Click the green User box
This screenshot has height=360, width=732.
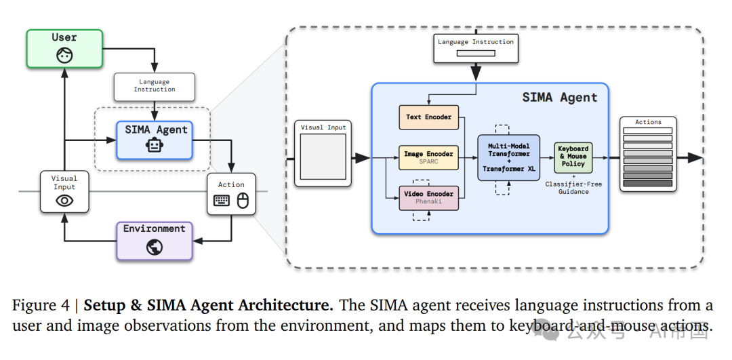(x=64, y=48)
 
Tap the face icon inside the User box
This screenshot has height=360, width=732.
(x=64, y=56)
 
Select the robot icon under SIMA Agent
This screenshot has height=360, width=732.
(x=155, y=144)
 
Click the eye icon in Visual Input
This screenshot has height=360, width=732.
(x=64, y=200)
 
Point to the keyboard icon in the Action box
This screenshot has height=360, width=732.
(x=222, y=200)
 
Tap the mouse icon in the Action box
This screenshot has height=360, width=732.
(x=242, y=200)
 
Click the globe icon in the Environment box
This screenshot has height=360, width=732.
(x=155, y=247)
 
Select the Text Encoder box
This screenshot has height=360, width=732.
(x=428, y=117)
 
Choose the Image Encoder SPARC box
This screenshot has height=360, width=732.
(x=428, y=158)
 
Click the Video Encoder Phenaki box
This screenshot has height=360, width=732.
(x=428, y=197)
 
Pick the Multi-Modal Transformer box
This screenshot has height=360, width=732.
(x=508, y=157)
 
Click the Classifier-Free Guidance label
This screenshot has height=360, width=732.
(x=573, y=188)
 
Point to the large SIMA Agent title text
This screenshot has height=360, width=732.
(x=560, y=98)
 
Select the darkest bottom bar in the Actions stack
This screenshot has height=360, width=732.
(x=647, y=183)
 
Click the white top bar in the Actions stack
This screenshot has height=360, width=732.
(x=647, y=131)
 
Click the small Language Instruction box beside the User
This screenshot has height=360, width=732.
(x=155, y=86)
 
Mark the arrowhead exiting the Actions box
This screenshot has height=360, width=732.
(x=694, y=157)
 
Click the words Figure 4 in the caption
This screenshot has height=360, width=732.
(x=41, y=306)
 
